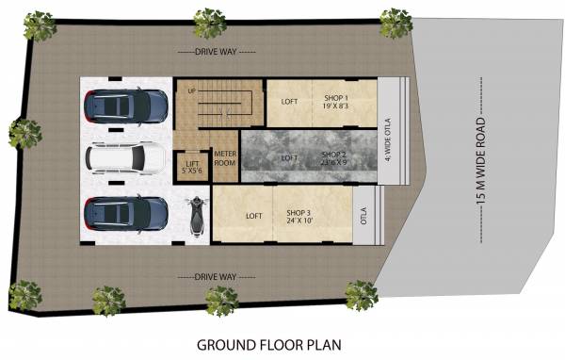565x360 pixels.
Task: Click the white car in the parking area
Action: click(125, 159)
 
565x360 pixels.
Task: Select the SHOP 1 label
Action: click(336, 103)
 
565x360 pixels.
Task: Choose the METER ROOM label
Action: click(224, 158)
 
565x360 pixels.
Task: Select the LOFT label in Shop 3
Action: click(253, 215)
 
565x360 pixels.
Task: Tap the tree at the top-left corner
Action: click(40, 25)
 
